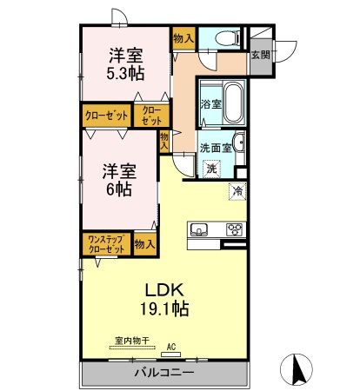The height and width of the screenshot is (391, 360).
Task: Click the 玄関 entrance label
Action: pos(260,55)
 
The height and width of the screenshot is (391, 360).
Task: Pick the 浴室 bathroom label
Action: pos(210,104)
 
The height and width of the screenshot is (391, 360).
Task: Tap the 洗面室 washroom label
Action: pos(215,147)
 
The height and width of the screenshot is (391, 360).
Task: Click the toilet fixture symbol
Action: pos(223,38)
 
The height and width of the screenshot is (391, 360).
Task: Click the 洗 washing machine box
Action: pos(211,169)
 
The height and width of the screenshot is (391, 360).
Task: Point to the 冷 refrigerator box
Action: pos(237,190)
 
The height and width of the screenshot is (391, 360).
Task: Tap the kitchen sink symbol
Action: pos(199,231)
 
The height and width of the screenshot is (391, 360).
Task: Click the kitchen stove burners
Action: pos(234,230)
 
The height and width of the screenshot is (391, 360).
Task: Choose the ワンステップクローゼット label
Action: pos(107,244)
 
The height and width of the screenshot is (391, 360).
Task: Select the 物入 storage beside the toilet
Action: pos(183,38)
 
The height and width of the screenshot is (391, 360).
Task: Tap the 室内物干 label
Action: pos(130,342)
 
